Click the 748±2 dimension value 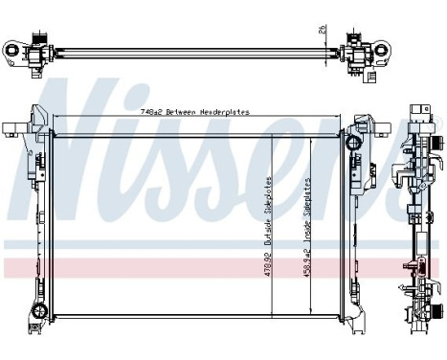(x=150, y=112)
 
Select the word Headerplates (x=226, y=112)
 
